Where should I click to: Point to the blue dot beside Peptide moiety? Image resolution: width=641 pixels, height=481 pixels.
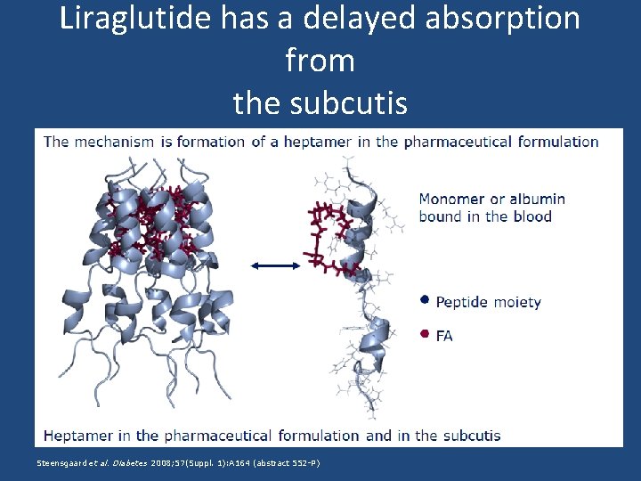coord(425,300)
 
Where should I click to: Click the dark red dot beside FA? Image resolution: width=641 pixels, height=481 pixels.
coord(425,334)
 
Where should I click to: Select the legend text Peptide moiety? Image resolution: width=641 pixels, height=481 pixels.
coord(488,302)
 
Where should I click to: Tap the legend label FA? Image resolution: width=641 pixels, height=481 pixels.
coord(444,336)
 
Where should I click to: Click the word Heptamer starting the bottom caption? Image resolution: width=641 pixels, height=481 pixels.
coord(77,436)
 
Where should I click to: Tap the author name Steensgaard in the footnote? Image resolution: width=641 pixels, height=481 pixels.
coord(63,463)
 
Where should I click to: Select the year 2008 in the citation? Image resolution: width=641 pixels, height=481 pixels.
coord(163,463)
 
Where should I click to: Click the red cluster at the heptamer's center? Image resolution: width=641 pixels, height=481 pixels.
coord(160,223)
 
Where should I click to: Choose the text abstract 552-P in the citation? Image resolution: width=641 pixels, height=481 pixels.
coord(286,463)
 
